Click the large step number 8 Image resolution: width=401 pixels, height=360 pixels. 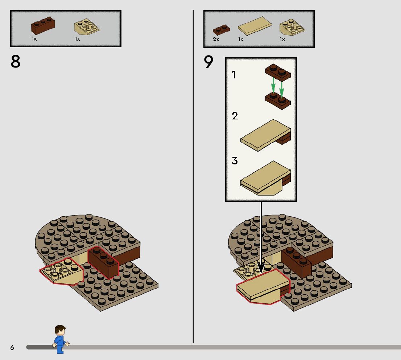coord(15,61)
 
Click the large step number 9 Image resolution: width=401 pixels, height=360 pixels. coord(208,62)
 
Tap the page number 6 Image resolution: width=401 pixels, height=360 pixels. coord(12,347)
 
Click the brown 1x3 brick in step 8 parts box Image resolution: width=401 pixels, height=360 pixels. coord(43,26)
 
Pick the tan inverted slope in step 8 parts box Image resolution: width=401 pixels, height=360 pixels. coord(87,27)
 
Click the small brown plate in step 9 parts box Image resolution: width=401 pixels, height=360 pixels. coord(221,30)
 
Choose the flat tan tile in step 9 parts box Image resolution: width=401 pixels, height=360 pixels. coord(255,26)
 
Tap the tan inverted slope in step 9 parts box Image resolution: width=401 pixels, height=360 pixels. coord(292,27)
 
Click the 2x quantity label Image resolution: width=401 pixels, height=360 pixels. coord(216,39)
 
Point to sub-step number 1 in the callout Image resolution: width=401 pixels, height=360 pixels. coord(233,75)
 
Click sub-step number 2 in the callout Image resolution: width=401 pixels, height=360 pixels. coord(235,116)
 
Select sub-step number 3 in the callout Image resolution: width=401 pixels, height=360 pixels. coord(235,160)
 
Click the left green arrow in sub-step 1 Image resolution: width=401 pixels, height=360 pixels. coord(273,85)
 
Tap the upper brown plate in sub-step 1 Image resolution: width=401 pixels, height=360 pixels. coord(278,73)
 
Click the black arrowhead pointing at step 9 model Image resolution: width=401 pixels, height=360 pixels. coord(261,269)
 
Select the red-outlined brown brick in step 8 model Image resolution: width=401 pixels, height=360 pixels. coord(104,262)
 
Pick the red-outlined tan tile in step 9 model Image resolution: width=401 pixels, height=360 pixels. coord(264,287)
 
